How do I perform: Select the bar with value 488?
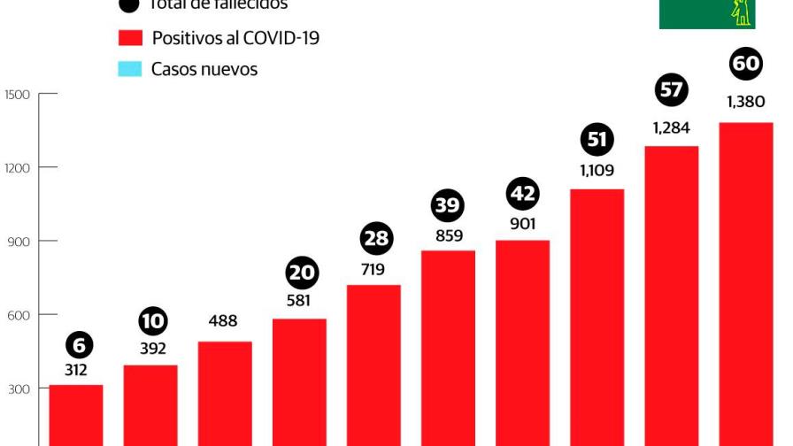(x=225, y=393)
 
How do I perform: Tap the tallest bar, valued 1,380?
(x=745, y=283)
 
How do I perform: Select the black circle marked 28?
(x=376, y=239)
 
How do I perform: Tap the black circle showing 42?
(x=522, y=194)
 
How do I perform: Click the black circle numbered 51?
(x=597, y=140)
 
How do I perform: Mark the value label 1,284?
(x=671, y=128)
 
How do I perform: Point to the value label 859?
(x=449, y=236)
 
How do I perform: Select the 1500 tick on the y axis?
(x=19, y=94)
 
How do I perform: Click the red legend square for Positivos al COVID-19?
(x=130, y=38)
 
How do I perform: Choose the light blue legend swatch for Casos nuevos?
(x=130, y=69)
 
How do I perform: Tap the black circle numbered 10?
(x=153, y=319)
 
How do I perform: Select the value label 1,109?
(x=597, y=171)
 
